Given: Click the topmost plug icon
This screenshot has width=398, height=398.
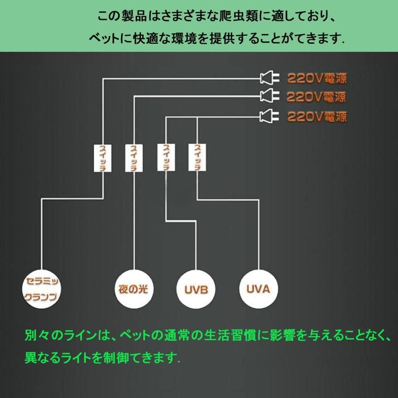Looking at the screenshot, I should coord(270,78).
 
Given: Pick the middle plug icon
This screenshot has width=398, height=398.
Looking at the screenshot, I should coord(270,95).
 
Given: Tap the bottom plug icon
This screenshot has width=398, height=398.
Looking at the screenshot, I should coord(270,116).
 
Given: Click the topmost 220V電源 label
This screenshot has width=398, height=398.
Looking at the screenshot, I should coord(317,79).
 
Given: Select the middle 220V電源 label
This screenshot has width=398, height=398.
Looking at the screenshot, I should coord(316,96).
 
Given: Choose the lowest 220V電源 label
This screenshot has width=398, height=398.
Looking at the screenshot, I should coord(317,117).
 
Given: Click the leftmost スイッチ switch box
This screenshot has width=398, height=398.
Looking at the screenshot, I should coord(102,157).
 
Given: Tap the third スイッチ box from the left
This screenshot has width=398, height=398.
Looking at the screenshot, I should coord(166,157).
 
